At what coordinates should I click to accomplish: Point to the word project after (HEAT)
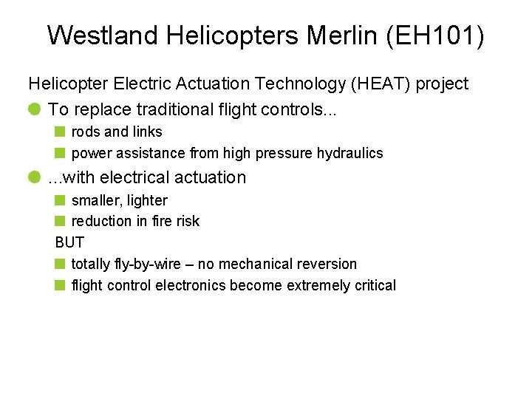click(x=442, y=84)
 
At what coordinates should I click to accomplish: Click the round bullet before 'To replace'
click(x=35, y=109)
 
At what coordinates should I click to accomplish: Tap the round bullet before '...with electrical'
click(x=35, y=177)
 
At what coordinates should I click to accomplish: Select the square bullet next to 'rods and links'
click(x=60, y=132)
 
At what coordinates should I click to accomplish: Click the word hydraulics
click(x=350, y=154)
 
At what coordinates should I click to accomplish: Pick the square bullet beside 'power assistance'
click(x=60, y=154)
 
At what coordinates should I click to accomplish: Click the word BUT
click(x=69, y=242)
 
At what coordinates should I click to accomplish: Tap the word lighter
click(x=148, y=200)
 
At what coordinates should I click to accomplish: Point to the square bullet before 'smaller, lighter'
click(x=60, y=200)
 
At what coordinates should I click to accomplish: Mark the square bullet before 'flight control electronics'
click(x=60, y=286)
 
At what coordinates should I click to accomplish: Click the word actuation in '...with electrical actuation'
click(x=211, y=177)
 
